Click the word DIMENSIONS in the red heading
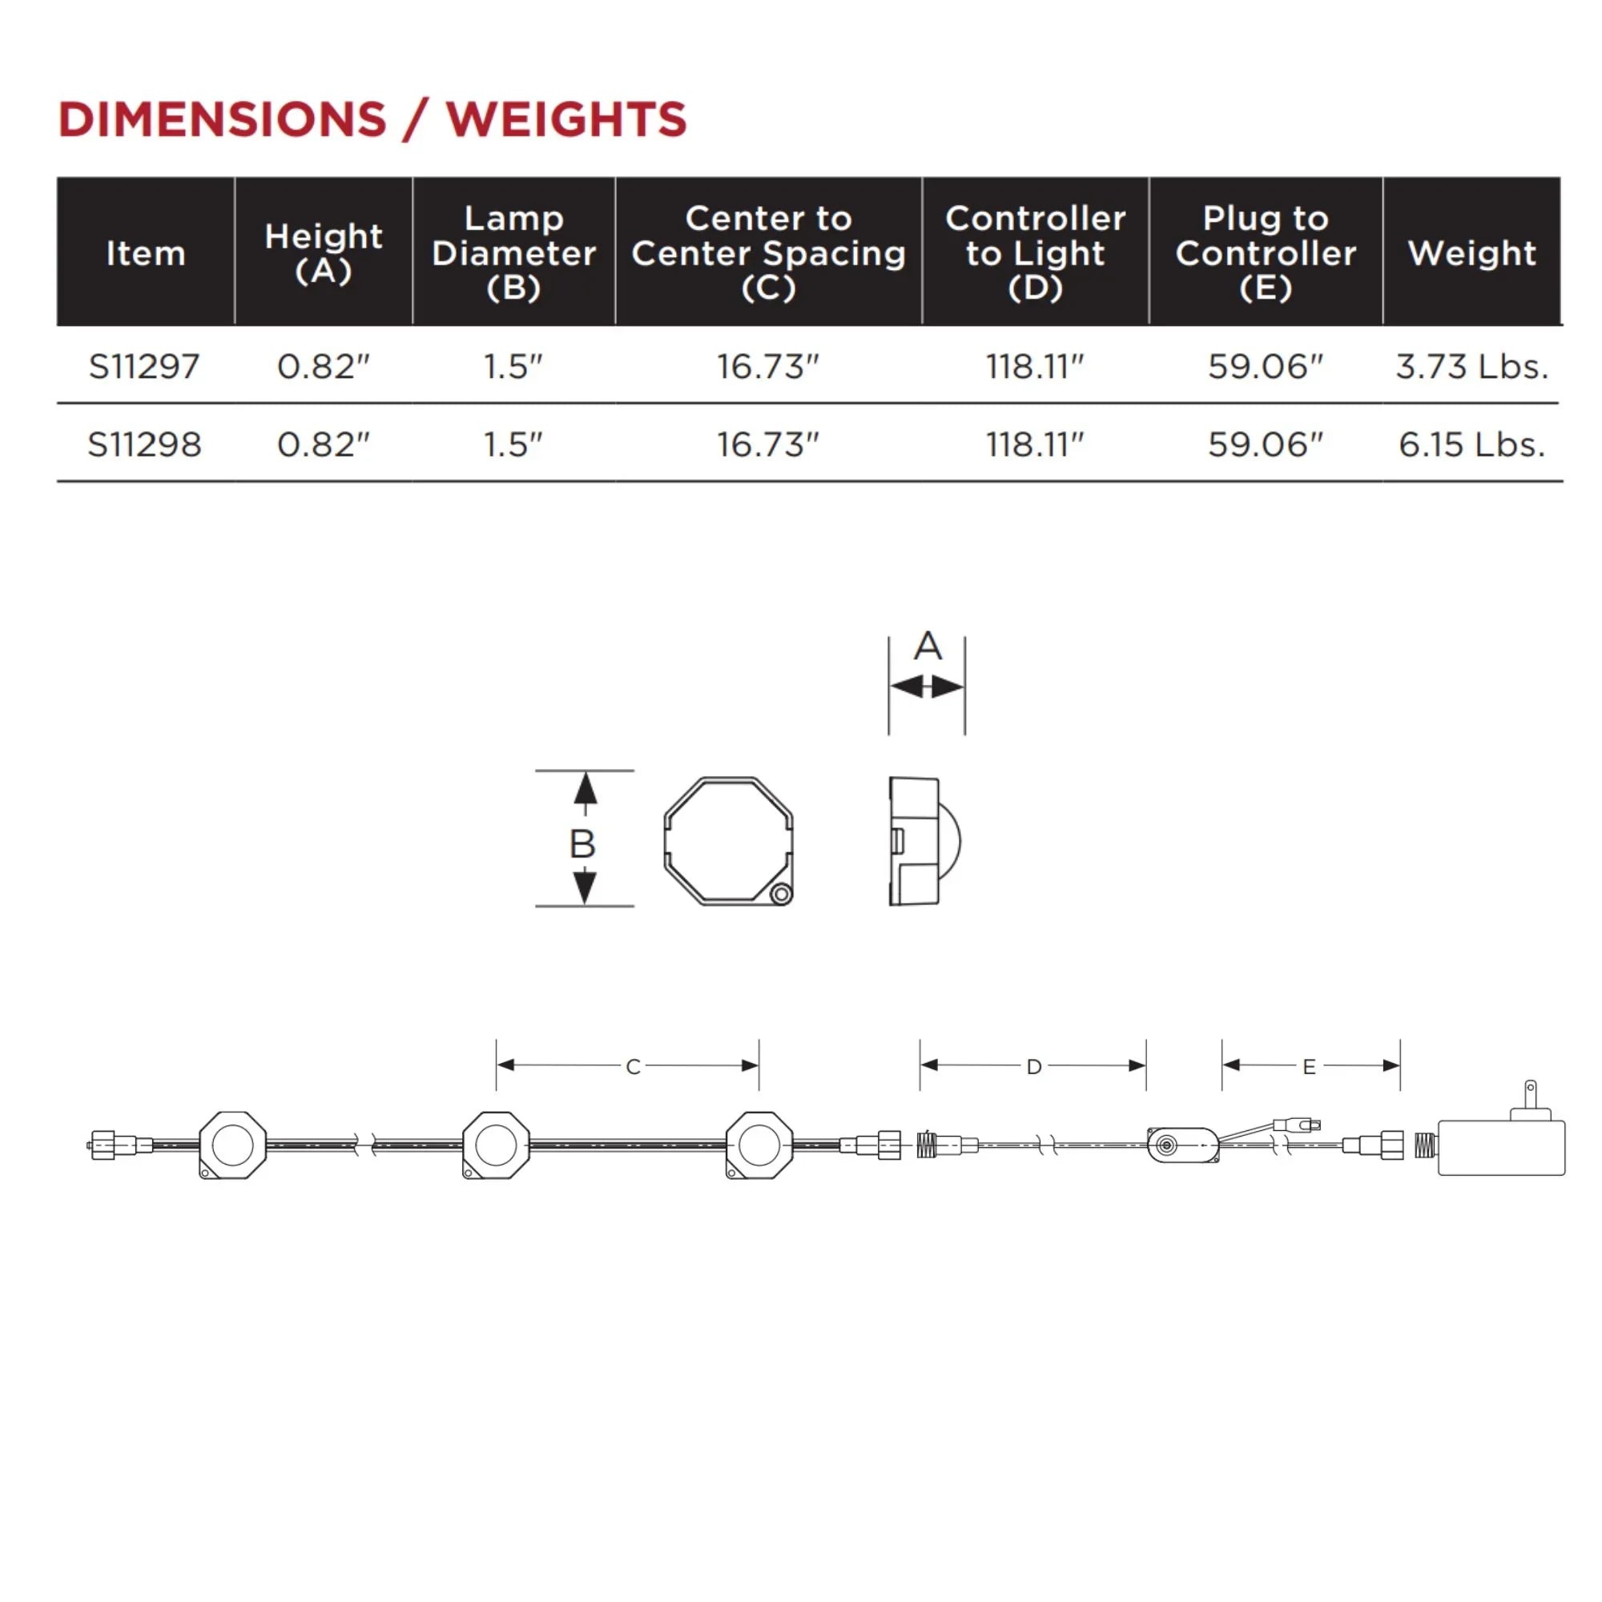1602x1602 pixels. [222, 119]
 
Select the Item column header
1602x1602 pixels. [146, 253]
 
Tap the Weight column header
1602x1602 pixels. [1471, 253]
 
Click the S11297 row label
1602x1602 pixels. [144, 367]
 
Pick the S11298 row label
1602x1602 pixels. [144, 445]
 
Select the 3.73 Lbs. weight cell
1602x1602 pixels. [1471, 367]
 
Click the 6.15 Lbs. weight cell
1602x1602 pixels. [1471, 445]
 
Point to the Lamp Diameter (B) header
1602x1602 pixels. [514, 253]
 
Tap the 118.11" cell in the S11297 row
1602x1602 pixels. [1035, 367]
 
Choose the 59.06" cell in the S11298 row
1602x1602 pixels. [1266, 445]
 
